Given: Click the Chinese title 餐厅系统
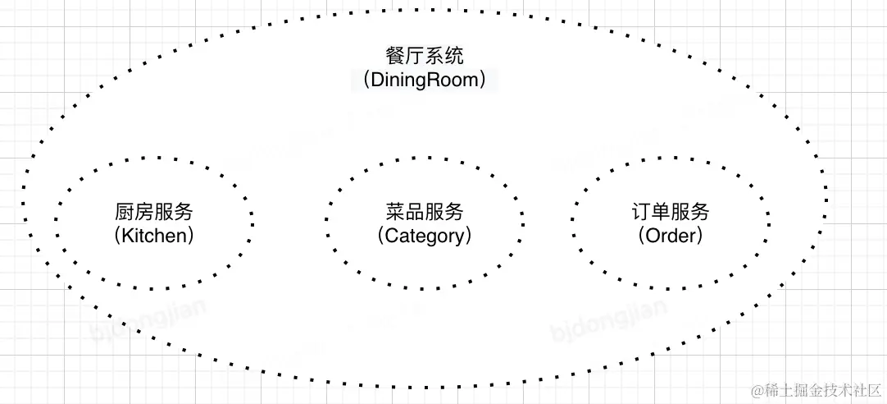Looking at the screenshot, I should (424, 57).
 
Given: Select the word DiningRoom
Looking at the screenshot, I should (424, 80).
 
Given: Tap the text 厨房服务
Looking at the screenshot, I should (154, 212).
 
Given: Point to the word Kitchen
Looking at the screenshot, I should (154, 236).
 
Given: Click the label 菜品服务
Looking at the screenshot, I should (424, 212).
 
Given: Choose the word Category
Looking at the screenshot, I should (424, 236).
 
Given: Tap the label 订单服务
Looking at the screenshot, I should (670, 212).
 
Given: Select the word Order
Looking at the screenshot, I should (670, 236).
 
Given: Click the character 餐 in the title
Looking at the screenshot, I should (395, 57).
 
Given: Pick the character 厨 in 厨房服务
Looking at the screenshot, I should (125, 212).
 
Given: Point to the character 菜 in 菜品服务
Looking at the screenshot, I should (395, 212).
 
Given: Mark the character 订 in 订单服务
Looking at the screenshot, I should (641, 212).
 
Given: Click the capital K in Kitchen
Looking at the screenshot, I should (127, 236).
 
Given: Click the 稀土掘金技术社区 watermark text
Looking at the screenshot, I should (821, 388).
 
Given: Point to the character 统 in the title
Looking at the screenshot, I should (453, 57).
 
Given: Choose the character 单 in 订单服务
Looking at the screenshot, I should (661, 212).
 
